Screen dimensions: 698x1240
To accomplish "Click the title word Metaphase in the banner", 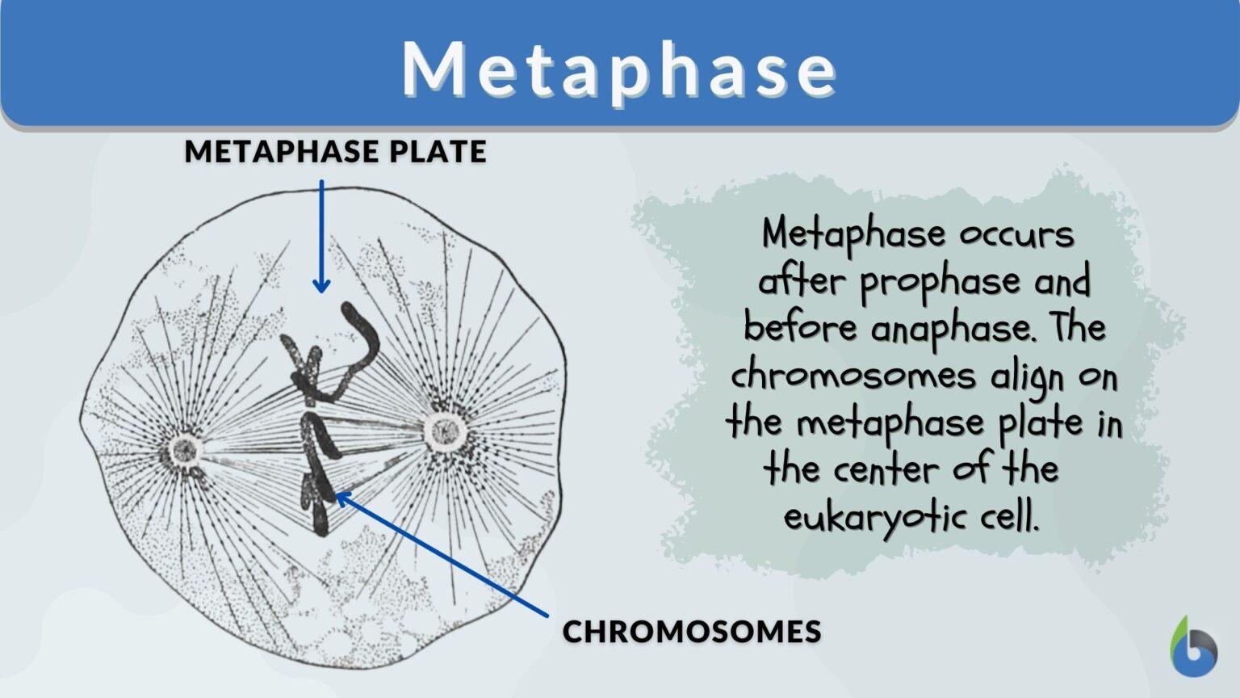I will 619,69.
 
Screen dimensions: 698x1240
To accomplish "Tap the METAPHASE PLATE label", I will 335,151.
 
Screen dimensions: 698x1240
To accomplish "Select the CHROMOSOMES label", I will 692,631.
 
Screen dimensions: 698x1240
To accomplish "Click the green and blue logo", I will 1193,647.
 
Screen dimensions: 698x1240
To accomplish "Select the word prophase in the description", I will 941,282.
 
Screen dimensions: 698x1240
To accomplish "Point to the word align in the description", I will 1029,377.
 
